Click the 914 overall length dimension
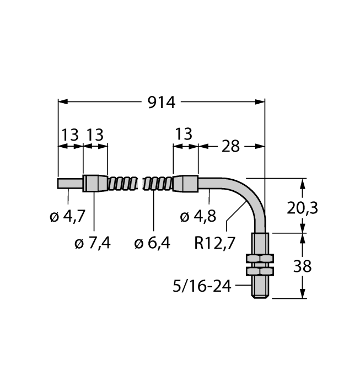point(162,103)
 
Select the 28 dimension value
point(230,146)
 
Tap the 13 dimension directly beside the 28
point(184,134)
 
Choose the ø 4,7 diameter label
point(67,217)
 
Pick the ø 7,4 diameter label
point(93,242)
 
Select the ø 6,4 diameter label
point(153,242)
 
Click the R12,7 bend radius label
point(216,242)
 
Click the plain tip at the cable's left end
point(70,183)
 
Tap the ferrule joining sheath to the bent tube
point(185,183)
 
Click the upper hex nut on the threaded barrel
point(259,259)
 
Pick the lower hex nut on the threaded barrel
point(259,271)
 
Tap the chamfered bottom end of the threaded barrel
point(259,296)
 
